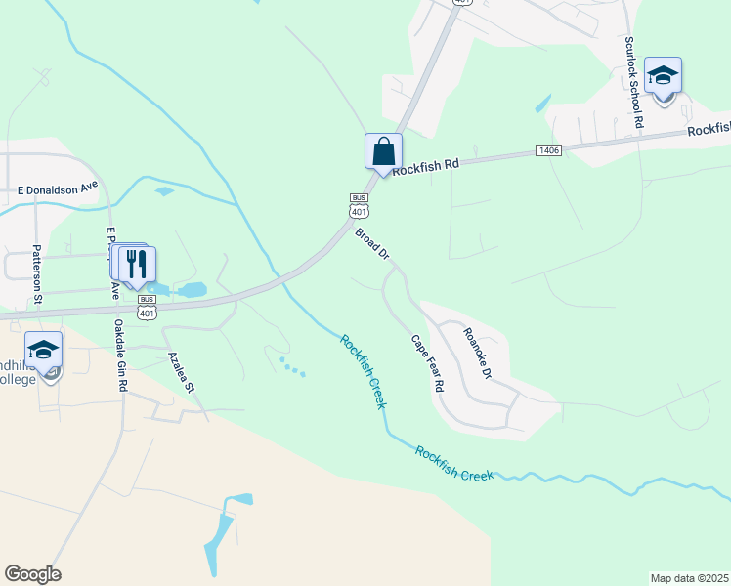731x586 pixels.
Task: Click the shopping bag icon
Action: pos(383,152)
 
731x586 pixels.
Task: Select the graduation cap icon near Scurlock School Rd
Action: pos(663,76)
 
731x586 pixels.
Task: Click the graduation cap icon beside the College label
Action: pos(43,351)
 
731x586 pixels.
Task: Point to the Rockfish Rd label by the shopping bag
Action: pos(425,165)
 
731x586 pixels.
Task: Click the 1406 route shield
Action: pos(548,149)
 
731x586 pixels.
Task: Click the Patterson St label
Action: pos(37,276)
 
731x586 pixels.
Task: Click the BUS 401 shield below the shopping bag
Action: pos(359,205)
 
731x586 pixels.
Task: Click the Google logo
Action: pos(32,574)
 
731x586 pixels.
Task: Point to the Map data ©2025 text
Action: pos(689,578)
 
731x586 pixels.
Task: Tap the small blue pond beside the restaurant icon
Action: pos(191,290)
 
